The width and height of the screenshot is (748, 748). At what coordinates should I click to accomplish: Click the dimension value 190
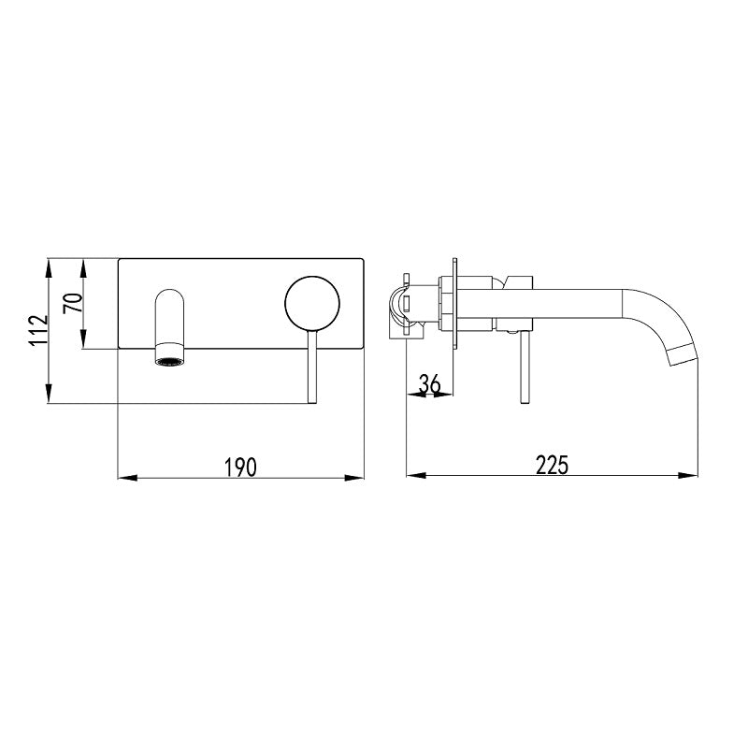point(241,467)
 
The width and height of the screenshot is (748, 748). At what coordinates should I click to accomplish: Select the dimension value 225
point(552,466)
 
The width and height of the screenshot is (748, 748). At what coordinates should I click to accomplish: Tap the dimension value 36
point(429,383)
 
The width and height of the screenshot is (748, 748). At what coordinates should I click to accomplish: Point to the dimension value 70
point(73,303)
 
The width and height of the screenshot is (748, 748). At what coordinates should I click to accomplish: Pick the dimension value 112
point(38,330)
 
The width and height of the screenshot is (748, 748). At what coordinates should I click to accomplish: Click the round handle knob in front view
point(312,303)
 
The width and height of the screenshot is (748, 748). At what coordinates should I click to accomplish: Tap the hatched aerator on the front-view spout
point(169,362)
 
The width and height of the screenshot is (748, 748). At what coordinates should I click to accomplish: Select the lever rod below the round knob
point(312,367)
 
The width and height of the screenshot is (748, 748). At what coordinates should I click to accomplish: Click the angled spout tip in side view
point(683,356)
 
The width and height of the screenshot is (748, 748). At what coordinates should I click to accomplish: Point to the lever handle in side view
point(525,367)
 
